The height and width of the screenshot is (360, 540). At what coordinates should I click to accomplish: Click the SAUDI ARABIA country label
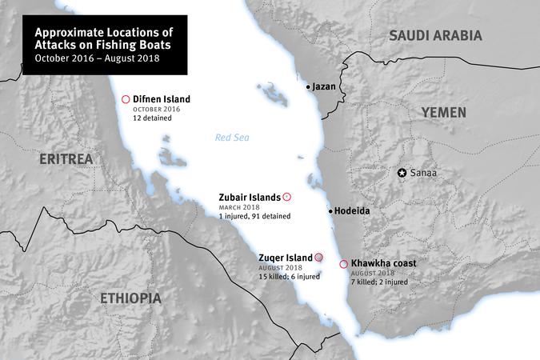(x=435, y=35)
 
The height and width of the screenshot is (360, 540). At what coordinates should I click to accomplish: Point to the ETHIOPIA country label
(x=130, y=298)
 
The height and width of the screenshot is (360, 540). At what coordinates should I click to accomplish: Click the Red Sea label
(x=232, y=138)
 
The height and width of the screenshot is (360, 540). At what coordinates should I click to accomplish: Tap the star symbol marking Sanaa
(x=402, y=173)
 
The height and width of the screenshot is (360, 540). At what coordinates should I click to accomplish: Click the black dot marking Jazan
(x=308, y=86)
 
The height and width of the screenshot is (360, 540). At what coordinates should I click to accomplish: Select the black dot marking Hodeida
(x=330, y=211)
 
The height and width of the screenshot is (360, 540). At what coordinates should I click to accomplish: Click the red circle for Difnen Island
(x=125, y=99)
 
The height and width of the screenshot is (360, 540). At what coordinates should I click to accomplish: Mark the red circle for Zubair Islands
(x=287, y=196)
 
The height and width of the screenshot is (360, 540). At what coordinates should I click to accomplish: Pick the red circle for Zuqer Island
(x=318, y=257)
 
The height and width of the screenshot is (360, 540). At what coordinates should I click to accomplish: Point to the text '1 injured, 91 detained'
(x=254, y=216)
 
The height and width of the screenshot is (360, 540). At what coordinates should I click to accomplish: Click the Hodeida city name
(x=352, y=211)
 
